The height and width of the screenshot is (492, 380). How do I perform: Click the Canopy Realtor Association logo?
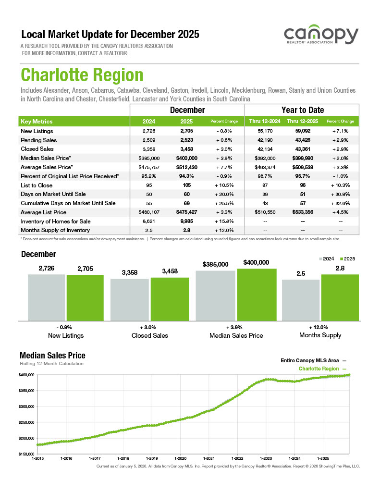[320, 36]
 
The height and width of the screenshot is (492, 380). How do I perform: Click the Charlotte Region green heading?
[82, 75]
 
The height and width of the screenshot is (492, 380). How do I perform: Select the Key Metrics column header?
[37, 122]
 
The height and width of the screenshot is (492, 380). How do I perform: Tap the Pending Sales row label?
[39, 140]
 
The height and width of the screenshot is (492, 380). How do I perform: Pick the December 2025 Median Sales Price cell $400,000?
[186, 158]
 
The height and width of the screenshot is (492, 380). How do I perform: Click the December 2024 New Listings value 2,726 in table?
[149, 131]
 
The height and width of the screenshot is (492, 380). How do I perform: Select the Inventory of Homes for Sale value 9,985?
[186, 221]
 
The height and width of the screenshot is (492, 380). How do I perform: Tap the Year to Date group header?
[302, 110]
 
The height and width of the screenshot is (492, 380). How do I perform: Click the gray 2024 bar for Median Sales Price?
[215, 295]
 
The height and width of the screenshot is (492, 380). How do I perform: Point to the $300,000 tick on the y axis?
[27, 406]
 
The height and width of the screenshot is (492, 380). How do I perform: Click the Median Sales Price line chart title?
[52, 356]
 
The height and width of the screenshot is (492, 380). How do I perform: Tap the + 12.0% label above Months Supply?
[320, 327]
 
